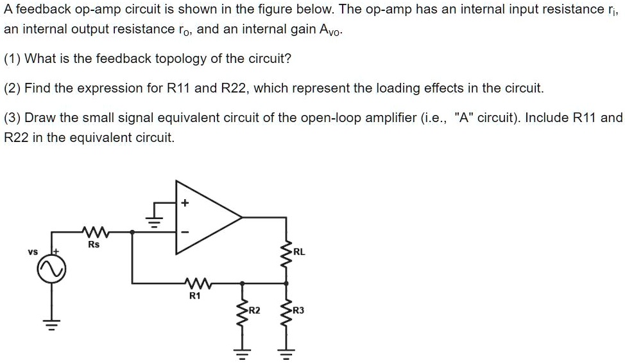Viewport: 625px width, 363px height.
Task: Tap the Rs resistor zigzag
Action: coord(94,231)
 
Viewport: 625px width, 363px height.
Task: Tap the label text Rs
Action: coord(94,245)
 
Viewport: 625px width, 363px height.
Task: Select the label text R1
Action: coord(194,296)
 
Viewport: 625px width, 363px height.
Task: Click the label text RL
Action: coord(299,252)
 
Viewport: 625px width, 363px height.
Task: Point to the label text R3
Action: coord(299,311)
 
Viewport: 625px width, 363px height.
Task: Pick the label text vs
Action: coord(32,251)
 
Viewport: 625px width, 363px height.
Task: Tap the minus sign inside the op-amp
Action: coord(185,233)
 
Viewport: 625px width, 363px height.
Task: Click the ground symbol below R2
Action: coord(242,353)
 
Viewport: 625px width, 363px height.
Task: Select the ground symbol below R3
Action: coord(287,353)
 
